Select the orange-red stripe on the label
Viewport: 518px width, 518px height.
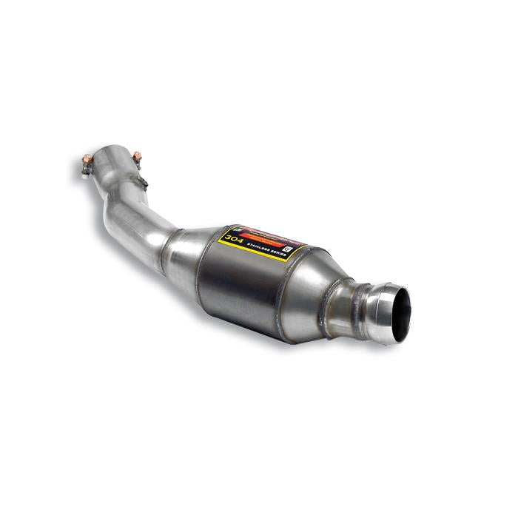click(x=263, y=238)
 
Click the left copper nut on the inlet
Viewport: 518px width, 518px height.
click(x=87, y=158)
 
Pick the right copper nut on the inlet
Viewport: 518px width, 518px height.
click(x=137, y=156)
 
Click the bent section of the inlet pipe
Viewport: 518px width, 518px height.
click(x=126, y=215)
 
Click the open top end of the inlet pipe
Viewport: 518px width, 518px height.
click(x=111, y=157)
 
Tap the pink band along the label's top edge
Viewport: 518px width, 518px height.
click(x=266, y=232)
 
